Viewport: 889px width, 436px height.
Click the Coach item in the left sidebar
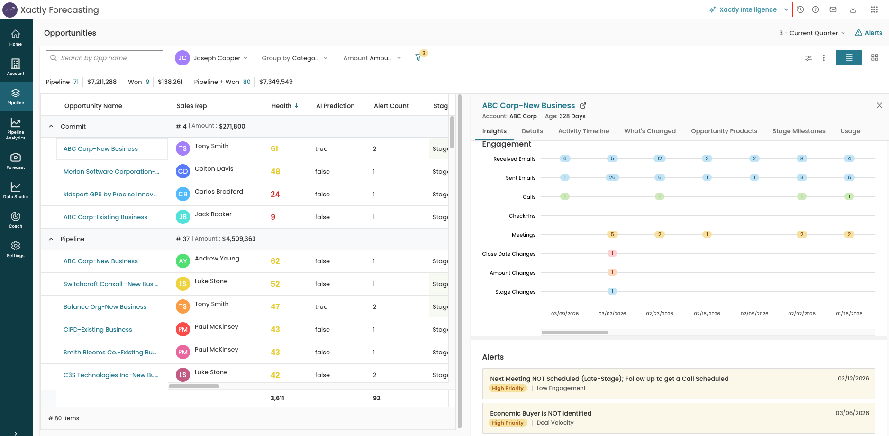pos(16,220)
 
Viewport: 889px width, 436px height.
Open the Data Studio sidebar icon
pos(16,190)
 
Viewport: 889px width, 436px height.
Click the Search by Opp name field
pos(105,58)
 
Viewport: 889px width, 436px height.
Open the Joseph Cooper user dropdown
pos(211,58)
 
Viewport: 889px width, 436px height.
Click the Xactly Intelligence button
pos(748,9)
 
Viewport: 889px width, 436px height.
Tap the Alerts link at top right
pos(869,33)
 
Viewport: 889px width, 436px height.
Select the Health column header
pos(285,106)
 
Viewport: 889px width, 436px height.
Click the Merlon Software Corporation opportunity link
pos(111,171)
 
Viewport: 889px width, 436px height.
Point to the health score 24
pos(275,194)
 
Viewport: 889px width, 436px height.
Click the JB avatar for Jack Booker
pos(183,217)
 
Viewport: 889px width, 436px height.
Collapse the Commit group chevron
pos(51,126)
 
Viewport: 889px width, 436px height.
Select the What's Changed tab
pos(650,131)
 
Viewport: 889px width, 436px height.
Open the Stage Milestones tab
pos(798,131)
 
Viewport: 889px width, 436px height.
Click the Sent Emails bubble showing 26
pos(612,177)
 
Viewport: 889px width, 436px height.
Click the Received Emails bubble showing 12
pos(660,158)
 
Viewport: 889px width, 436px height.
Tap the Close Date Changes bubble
pos(612,253)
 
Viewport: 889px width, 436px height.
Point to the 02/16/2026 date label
pos(707,314)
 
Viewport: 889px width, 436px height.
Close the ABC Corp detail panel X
pos(880,105)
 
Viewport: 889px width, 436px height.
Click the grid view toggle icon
pos(875,57)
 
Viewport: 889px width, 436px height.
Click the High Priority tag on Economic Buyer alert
pos(508,423)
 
